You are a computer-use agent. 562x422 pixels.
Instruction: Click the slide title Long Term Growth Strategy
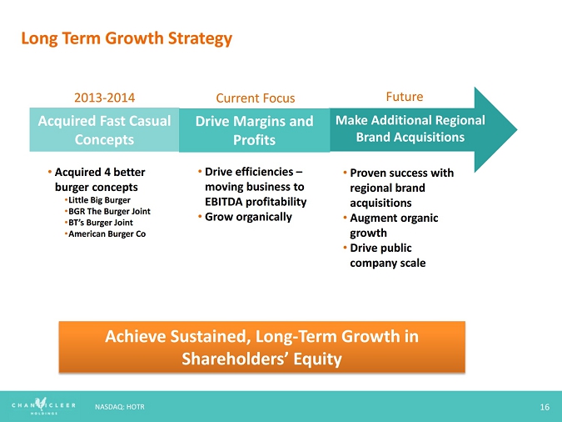pyautogui.click(x=126, y=38)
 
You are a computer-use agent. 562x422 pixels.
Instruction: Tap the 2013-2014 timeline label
pyautogui.click(x=104, y=98)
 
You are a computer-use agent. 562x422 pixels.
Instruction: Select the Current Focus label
pyautogui.click(x=256, y=98)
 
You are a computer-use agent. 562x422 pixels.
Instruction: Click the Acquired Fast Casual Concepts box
pyautogui.click(x=104, y=130)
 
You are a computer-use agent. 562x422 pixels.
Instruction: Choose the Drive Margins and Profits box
pyautogui.click(x=254, y=130)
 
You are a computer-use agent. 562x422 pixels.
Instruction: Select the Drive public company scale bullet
pyautogui.click(x=387, y=255)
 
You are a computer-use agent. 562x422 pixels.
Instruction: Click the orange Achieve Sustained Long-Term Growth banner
pyautogui.click(x=261, y=347)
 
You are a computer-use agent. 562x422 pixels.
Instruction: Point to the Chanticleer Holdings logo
pyautogui.click(x=43, y=406)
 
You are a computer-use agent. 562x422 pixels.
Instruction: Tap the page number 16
pyautogui.click(x=545, y=406)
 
